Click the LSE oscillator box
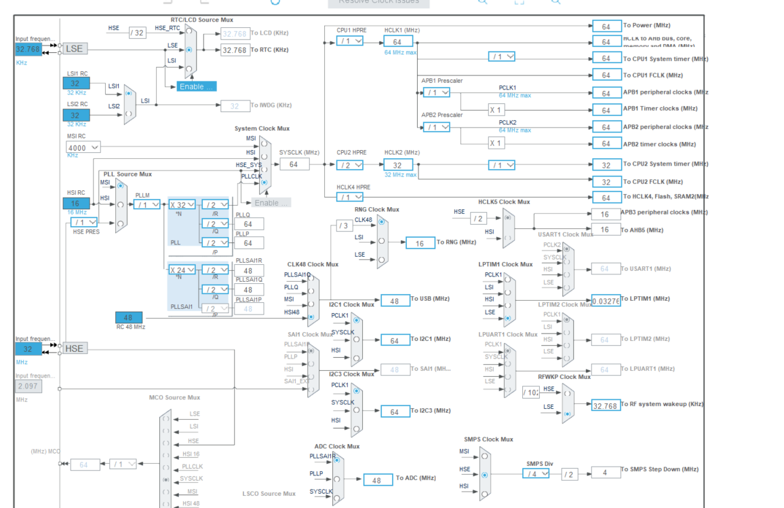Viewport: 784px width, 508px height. [x=75, y=49]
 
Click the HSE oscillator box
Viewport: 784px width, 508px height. [x=75, y=348]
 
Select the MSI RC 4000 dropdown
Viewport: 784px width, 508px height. [x=83, y=147]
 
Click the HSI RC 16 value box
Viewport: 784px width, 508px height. [x=76, y=203]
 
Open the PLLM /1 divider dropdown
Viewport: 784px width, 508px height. [x=146, y=204]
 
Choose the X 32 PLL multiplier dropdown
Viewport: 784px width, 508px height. [x=182, y=204]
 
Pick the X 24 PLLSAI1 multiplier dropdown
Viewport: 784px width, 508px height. [x=182, y=270]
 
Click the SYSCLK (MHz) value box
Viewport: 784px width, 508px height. [x=294, y=164]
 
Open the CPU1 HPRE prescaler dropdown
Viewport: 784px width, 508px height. [x=350, y=41]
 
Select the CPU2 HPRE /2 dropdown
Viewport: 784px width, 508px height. [x=350, y=164]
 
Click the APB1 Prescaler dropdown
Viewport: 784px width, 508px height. [x=436, y=92]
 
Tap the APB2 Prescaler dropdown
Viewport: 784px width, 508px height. [x=436, y=127]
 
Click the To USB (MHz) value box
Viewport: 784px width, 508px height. [x=394, y=300]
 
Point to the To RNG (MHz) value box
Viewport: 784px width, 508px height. [x=420, y=243]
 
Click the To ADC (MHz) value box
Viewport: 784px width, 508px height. [x=377, y=479]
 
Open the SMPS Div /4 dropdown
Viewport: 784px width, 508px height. [x=536, y=473]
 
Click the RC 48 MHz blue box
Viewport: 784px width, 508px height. [x=129, y=317]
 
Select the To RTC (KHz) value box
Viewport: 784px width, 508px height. [x=235, y=50]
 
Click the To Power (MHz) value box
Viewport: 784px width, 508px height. [x=606, y=26]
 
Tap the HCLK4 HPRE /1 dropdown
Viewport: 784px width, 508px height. [x=350, y=197]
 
